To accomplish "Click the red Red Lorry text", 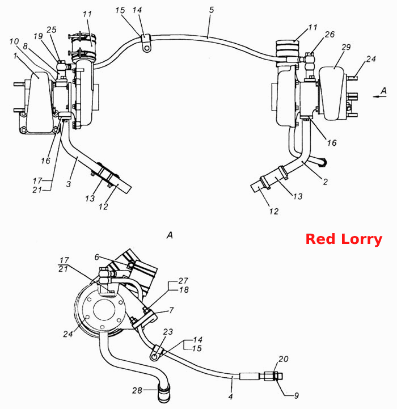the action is pos(344,239).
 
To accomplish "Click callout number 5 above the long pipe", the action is pos(212,10).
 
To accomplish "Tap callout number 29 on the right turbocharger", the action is pos(346,47).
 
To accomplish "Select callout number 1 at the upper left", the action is pos(15,56).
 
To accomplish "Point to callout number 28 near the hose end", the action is pos(137,390).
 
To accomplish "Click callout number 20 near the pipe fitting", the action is pos(283,359).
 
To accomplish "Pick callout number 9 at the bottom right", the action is pos(296,396).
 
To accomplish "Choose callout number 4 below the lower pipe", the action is pos(230,397).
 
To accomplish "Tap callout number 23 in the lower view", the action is pos(168,331).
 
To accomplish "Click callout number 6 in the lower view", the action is pos(97,257).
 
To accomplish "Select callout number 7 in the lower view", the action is pos(171,310).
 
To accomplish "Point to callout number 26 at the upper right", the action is pos(330,35).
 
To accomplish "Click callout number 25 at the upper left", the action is pos(52,29).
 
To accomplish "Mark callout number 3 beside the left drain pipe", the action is pos(68,184).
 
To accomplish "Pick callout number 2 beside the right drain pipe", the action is pos(326,182).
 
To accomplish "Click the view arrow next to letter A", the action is pos(379,96).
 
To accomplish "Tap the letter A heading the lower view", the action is pos(170,235).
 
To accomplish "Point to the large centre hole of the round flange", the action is pos(104,310).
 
